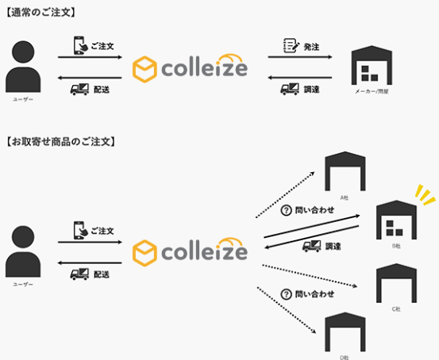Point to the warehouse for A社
pos(344,170)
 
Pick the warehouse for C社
pos(395,281)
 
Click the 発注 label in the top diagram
pos(311,47)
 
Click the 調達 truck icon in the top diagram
pos(289,88)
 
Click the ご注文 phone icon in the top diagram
pos(79,46)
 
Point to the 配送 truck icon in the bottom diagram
pos(79,274)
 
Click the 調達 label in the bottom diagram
pos(333,247)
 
